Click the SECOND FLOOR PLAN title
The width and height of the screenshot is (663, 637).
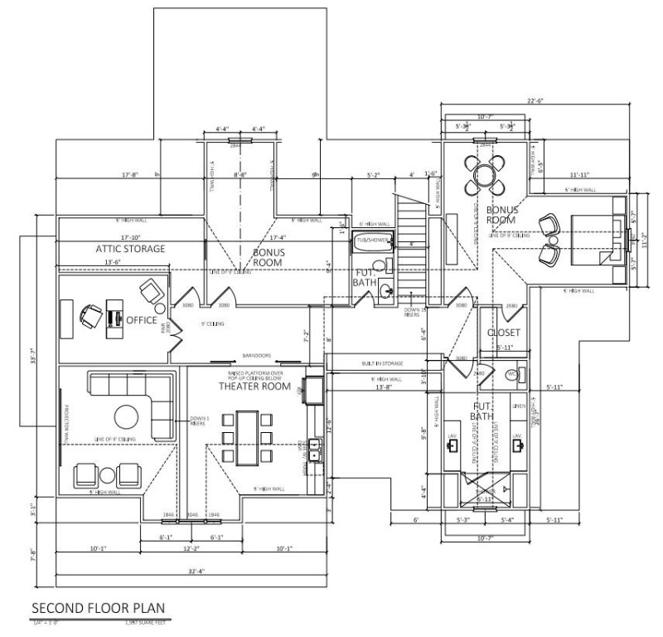pyautogui.click(x=99, y=608)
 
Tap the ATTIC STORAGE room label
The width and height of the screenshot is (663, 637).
pyautogui.click(x=130, y=248)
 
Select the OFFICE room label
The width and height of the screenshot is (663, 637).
pyautogui.click(x=141, y=319)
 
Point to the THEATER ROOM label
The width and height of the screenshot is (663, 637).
pyautogui.click(x=254, y=387)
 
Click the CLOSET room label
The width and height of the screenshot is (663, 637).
pyautogui.click(x=503, y=333)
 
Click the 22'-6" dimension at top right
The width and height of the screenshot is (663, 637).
pyautogui.click(x=535, y=102)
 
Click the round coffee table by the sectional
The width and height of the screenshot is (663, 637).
pyautogui.click(x=127, y=416)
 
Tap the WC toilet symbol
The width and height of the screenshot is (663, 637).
pyautogui.click(x=513, y=374)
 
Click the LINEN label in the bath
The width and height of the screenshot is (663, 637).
pyautogui.click(x=518, y=406)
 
